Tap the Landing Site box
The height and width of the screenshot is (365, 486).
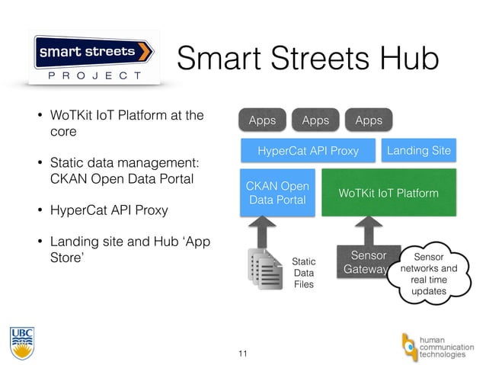(418, 151)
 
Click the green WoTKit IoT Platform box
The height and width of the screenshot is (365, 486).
(388, 194)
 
